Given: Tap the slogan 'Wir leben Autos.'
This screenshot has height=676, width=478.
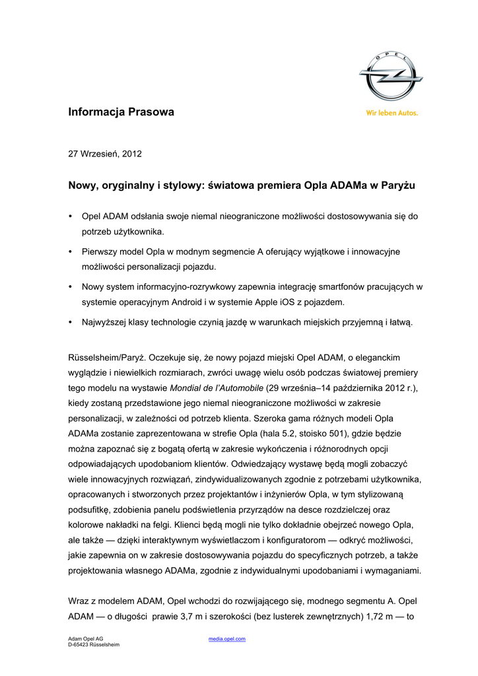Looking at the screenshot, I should pyautogui.click(x=392, y=113).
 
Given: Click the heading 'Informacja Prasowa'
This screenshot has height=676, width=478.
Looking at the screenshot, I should pyautogui.click(x=121, y=112).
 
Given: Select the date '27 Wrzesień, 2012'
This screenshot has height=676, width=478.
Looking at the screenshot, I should pyautogui.click(x=105, y=154).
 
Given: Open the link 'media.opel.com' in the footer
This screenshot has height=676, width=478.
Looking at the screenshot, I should pyautogui.click(x=227, y=639).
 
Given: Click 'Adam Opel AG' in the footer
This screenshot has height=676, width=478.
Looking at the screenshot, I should pyautogui.click(x=86, y=639).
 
